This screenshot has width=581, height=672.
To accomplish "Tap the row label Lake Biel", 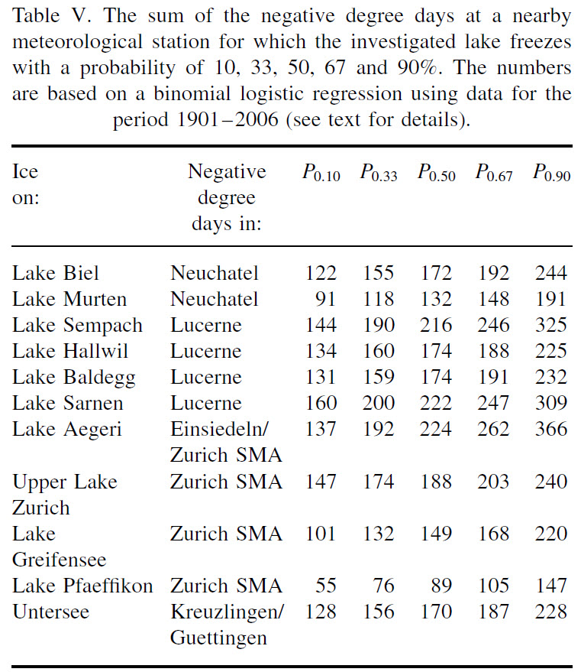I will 56,273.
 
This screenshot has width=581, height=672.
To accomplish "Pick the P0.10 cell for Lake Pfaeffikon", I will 326,586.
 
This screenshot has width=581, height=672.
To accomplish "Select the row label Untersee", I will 50,612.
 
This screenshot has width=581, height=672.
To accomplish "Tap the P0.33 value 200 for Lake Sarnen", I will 378,403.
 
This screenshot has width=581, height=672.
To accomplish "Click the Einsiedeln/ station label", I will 218,429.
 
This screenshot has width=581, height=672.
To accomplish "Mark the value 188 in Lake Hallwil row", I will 493,351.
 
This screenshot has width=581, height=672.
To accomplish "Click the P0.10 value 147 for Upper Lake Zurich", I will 321,482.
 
